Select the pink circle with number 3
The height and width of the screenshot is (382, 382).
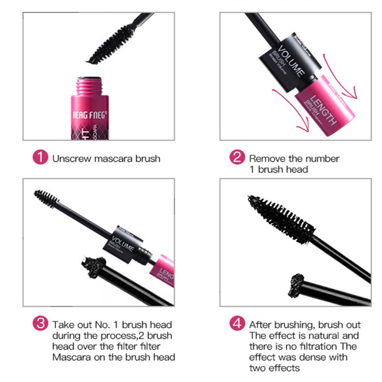40,324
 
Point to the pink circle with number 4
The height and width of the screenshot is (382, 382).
237,324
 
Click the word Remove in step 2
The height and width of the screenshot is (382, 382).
266,159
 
